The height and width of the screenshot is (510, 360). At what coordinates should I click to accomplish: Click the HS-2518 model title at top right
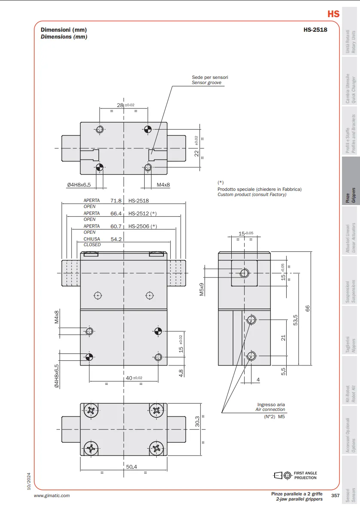(315, 30)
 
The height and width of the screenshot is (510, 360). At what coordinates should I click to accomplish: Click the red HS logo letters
(333, 14)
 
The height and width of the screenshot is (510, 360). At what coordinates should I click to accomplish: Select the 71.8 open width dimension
(116, 201)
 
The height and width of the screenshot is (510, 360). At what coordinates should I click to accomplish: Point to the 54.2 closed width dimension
(116, 239)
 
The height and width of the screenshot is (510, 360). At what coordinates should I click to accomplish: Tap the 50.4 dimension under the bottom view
(131, 467)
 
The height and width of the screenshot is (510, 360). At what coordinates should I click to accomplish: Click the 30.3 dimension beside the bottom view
(197, 421)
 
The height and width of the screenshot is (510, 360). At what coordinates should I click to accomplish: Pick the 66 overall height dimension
(307, 308)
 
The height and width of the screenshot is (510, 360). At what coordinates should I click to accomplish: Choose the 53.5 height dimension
(295, 320)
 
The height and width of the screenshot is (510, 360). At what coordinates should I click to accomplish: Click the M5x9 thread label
(202, 289)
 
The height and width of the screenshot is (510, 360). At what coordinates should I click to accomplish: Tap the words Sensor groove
(206, 83)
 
